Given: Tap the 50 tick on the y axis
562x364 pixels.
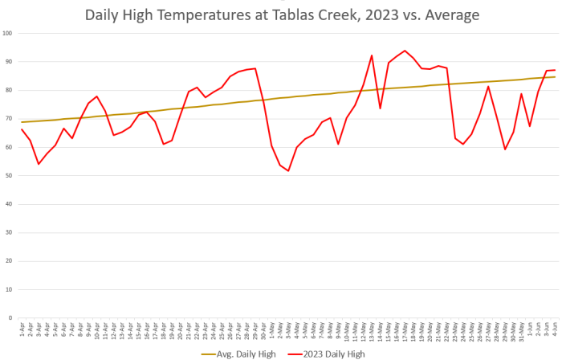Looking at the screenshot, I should pos(9,175).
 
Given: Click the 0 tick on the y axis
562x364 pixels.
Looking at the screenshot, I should pos(10,317).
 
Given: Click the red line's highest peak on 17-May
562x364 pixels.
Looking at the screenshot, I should pos(405,51).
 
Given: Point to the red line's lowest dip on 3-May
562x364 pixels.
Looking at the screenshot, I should pos(288,170).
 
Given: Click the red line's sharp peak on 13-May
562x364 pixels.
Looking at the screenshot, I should pos(372,55).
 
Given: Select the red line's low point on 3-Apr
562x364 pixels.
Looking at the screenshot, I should pos(39,164).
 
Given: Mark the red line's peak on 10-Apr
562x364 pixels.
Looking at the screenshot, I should pos(97,96).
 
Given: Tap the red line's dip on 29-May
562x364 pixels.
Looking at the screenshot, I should pos(505,149).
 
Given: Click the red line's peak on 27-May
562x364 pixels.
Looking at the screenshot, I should pos(488,86).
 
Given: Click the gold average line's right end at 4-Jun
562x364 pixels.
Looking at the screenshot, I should pos(555,76).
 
